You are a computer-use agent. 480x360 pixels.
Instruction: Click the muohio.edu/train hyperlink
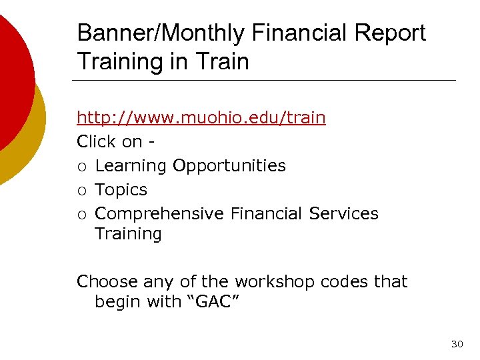click(201, 118)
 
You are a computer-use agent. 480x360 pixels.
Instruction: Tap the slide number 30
click(457, 344)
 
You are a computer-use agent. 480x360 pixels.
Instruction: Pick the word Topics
click(121, 190)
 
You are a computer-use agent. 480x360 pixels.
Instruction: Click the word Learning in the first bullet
click(131, 166)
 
